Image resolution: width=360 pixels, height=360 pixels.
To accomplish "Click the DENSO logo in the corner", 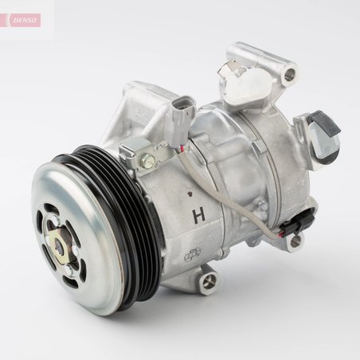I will pos(22,20).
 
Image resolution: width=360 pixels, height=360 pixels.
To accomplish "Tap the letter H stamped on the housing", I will pos(197,215).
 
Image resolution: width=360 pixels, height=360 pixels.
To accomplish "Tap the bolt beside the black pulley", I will pos(148,161).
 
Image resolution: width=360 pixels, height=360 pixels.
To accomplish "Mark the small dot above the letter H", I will pos(190,193).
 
